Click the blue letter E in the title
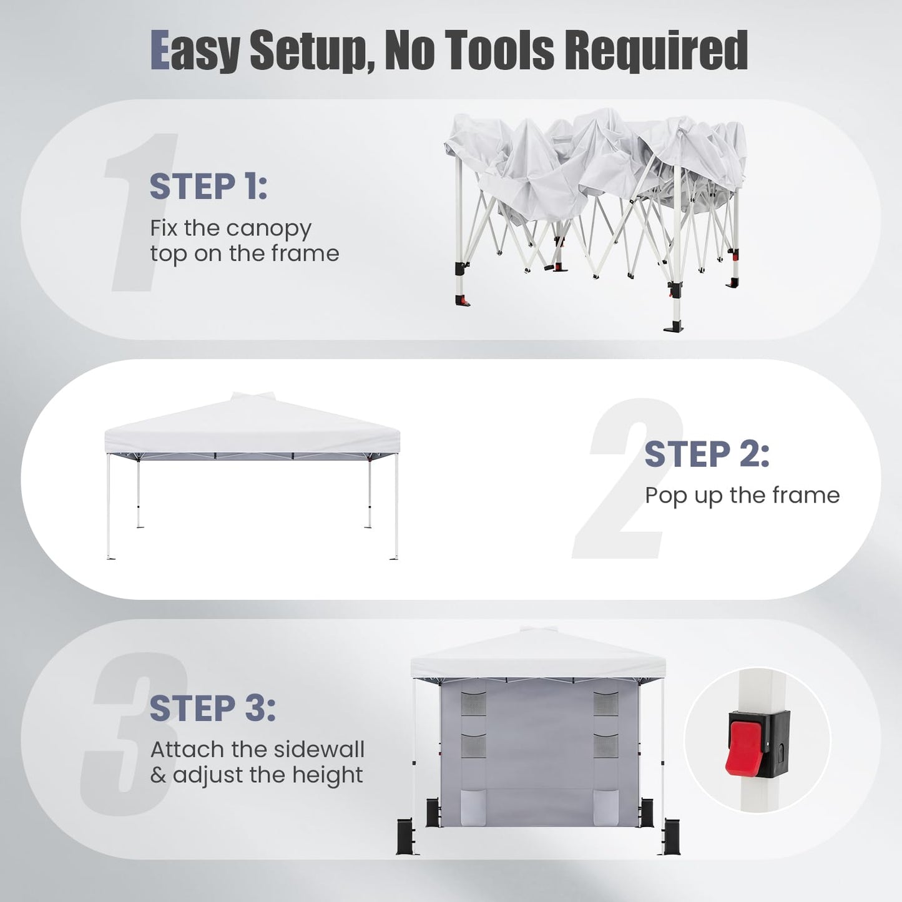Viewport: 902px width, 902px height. click(x=160, y=50)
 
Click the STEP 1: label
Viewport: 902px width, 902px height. click(x=208, y=186)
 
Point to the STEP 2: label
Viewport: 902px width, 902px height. click(x=707, y=454)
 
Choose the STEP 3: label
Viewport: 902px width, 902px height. click(x=212, y=708)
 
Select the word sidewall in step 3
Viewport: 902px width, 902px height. click(x=319, y=750)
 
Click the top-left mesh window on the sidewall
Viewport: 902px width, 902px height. click(x=469, y=703)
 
